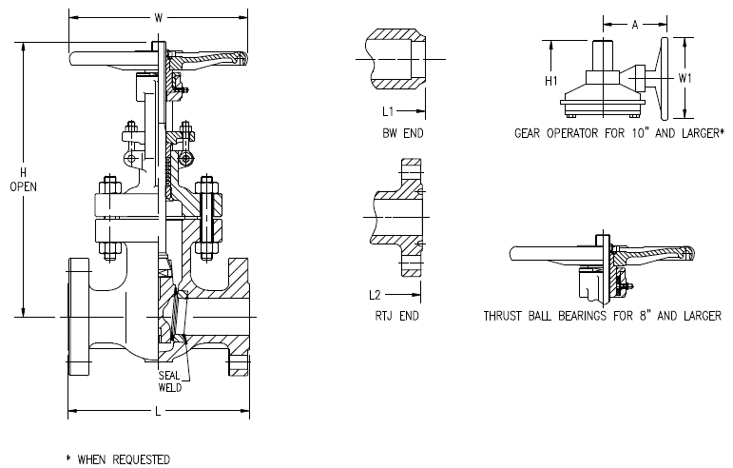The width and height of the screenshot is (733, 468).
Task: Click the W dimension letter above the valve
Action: (158, 16)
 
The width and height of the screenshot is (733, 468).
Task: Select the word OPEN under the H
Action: (22, 187)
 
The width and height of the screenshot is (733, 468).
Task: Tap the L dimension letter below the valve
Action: (158, 412)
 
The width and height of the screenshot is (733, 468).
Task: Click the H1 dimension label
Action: (551, 81)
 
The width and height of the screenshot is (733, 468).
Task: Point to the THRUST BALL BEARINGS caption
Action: (601, 315)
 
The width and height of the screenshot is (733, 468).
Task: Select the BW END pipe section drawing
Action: (390, 61)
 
